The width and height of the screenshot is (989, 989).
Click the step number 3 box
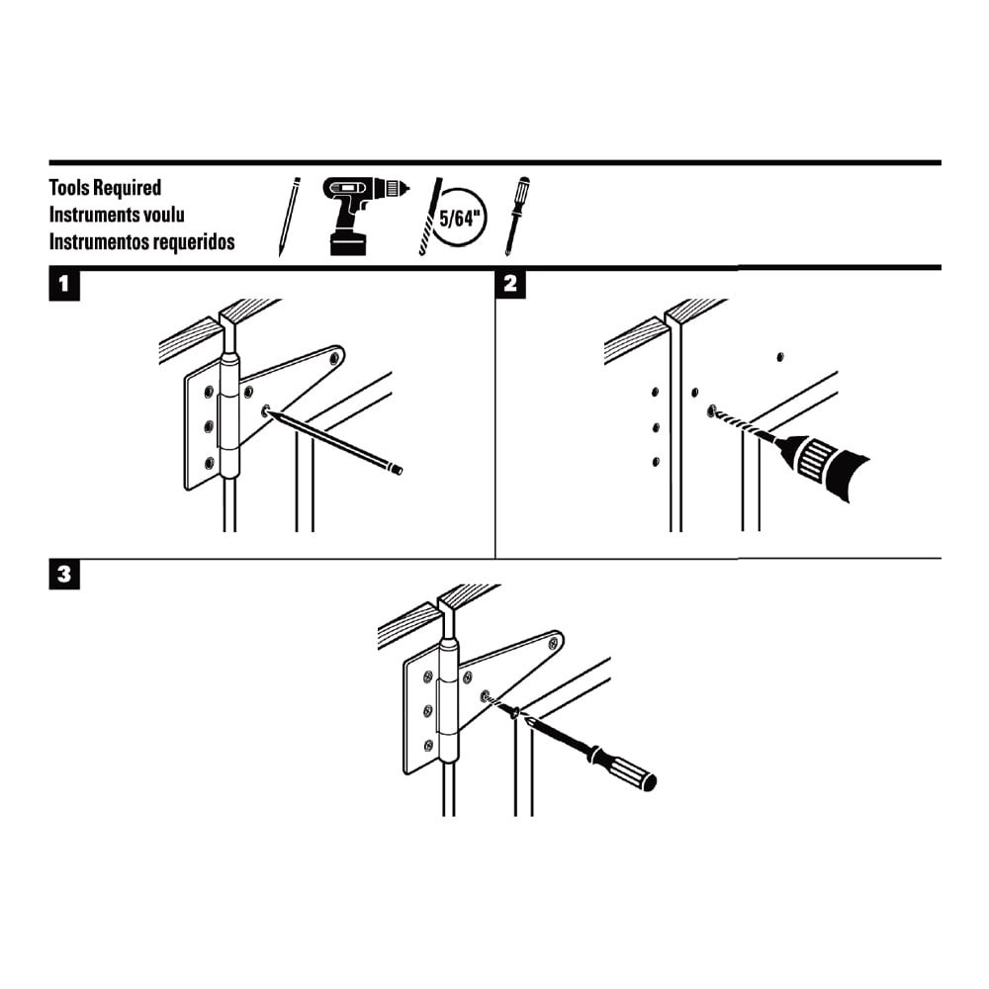pyautogui.click(x=64, y=576)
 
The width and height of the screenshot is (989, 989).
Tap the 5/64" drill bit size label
pyautogui.click(x=462, y=219)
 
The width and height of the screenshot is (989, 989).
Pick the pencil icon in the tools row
pyautogui.click(x=289, y=217)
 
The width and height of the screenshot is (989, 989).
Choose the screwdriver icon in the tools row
pyautogui.click(x=516, y=215)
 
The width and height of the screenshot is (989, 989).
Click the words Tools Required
pyautogui.click(x=105, y=188)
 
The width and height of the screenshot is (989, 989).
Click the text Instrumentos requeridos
pyautogui.click(x=142, y=241)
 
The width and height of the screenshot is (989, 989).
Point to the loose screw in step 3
pyautogui.click(x=511, y=710)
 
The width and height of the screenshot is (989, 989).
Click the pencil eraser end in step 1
pyautogui.click(x=397, y=470)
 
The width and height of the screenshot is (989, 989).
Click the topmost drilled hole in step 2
pyautogui.click(x=780, y=355)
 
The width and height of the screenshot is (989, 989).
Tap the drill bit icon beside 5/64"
pyautogui.click(x=430, y=218)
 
